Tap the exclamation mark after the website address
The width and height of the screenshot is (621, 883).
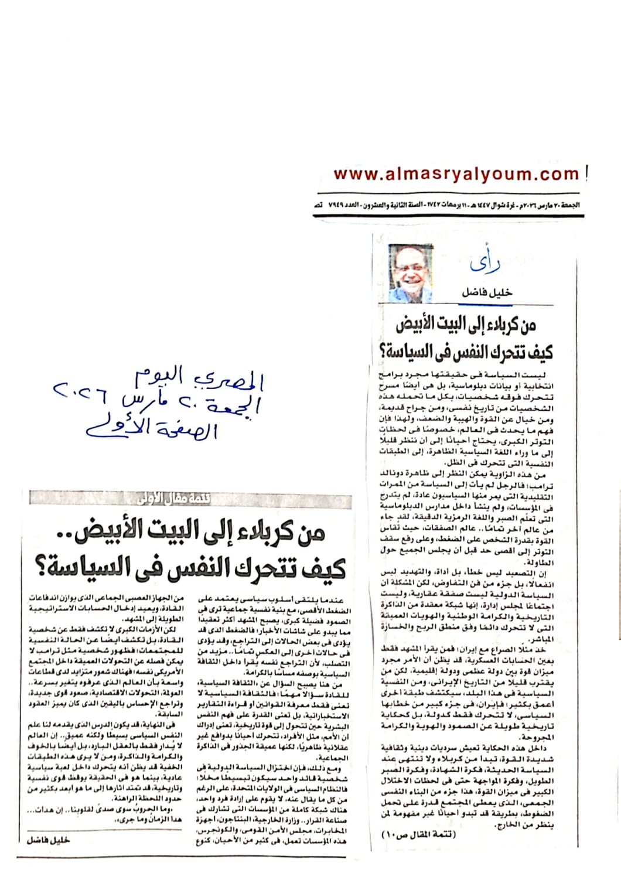[x=586, y=173]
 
